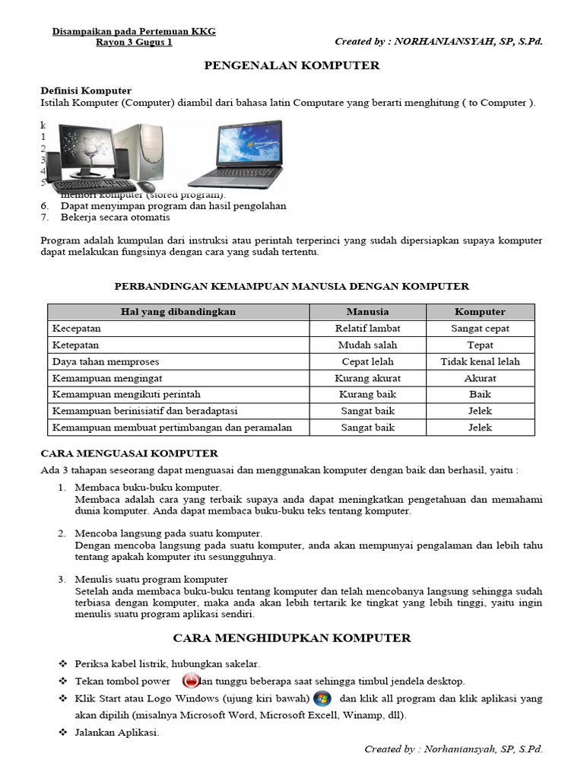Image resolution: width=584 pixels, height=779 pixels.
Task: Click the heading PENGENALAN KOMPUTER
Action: (x=292, y=66)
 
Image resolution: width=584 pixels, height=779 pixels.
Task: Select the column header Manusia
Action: (x=367, y=312)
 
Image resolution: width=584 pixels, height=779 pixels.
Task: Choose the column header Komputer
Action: (x=480, y=312)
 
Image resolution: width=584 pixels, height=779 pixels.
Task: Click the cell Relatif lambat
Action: (x=367, y=329)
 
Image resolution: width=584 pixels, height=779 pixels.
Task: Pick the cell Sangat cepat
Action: (x=480, y=329)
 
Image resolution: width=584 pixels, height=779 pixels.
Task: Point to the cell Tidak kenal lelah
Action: (x=480, y=361)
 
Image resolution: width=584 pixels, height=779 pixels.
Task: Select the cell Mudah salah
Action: (x=367, y=345)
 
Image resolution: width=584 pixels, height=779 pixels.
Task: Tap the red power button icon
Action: (x=191, y=681)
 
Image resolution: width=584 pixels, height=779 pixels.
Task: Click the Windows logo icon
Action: (x=322, y=698)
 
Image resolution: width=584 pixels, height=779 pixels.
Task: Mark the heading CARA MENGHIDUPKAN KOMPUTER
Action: (x=292, y=638)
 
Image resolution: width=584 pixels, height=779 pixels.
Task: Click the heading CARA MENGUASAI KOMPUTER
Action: (x=129, y=453)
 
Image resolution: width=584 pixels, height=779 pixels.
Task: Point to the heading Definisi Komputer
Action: (x=86, y=91)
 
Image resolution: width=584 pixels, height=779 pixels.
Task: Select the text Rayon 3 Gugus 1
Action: (x=134, y=43)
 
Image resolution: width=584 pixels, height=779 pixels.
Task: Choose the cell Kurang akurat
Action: (x=367, y=378)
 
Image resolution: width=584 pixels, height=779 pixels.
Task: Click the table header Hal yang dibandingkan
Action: (x=179, y=312)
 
